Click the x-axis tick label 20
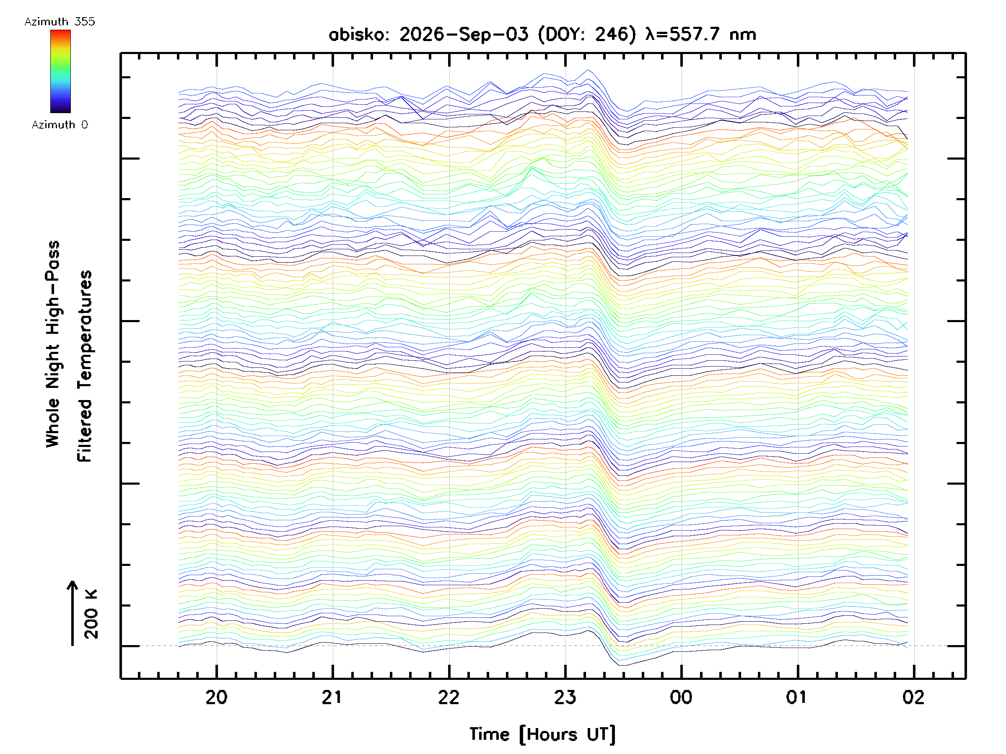pyautogui.click(x=216, y=697)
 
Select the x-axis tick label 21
pyautogui.click(x=332, y=697)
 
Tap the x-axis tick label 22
pyautogui.click(x=449, y=697)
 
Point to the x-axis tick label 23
pyautogui.click(x=565, y=697)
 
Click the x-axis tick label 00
pyautogui.click(x=681, y=697)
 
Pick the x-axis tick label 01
pyautogui.click(x=797, y=697)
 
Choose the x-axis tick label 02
pyautogui.click(x=913, y=697)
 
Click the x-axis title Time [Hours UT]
pyautogui.click(x=542, y=734)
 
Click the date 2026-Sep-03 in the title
pyautogui.click(x=464, y=34)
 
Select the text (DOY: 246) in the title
pyautogui.click(x=587, y=34)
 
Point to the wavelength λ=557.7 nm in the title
pyautogui.click(x=701, y=34)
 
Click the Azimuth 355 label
pyautogui.click(x=60, y=21)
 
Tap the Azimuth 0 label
pyautogui.click(x=60, y=124)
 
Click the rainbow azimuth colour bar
pyautogui.click(x=60, y=71)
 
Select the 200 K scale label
pyautogui.click(x=91, y=614)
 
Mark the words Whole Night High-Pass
pyautogui.click(x=53, y=344)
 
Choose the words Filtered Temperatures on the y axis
pyautogui.click(x=85, y=367)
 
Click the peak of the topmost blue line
pyautogui.click(x=588, y=70)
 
